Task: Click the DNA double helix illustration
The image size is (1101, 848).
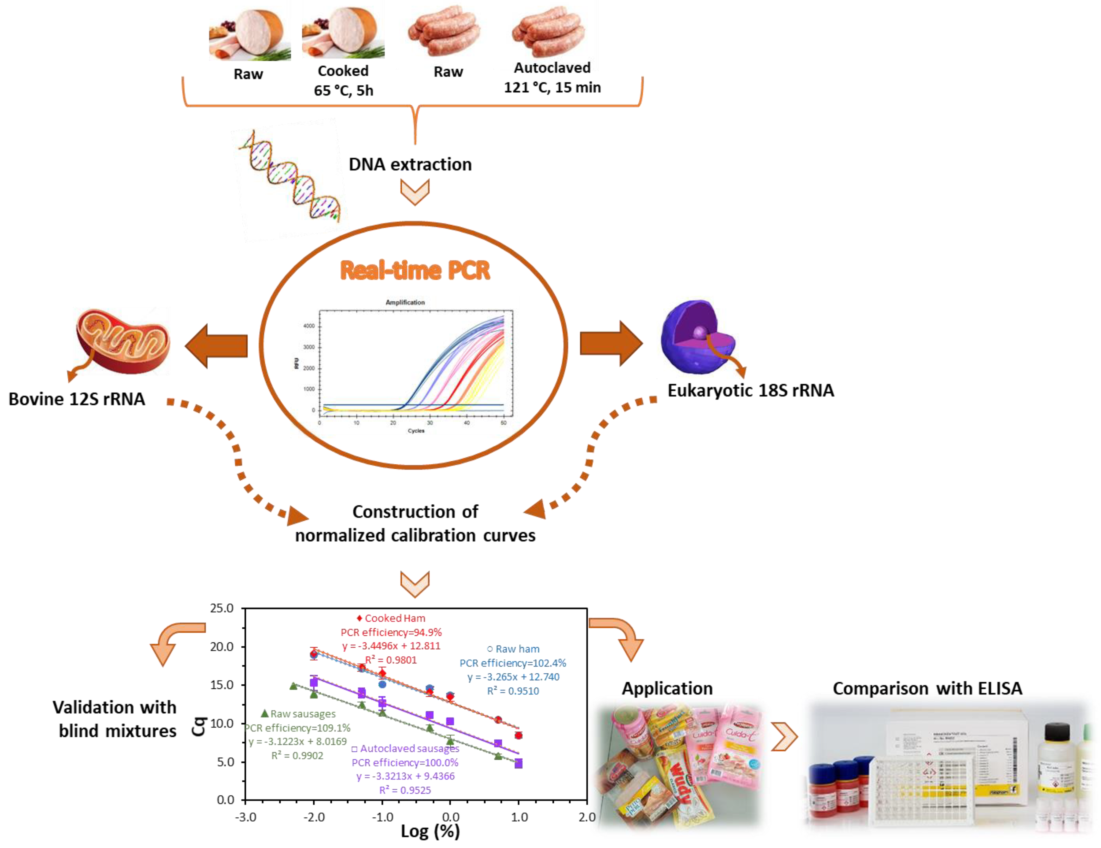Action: pos(290,176)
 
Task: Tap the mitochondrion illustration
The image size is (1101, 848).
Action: pos(124,340)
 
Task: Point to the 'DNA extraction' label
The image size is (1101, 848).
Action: pos(410,164)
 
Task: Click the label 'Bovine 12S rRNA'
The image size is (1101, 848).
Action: pos(76,399)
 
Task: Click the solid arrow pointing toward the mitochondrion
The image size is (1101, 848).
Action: pos(217,346)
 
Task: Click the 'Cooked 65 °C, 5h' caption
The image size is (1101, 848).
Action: pos(343,81)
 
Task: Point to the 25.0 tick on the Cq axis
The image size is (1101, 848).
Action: pos(222,608)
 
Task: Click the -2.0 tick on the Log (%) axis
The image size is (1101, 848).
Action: pos(314,817)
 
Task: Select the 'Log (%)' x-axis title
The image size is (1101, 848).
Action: pos(430,831)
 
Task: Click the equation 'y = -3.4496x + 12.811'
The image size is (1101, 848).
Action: pos(391,646)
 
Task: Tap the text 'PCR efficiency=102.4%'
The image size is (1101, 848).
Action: pos(512,663)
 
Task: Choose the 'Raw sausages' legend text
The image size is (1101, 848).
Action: pos(302,714)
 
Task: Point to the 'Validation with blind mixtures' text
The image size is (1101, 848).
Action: pos(115,719)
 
